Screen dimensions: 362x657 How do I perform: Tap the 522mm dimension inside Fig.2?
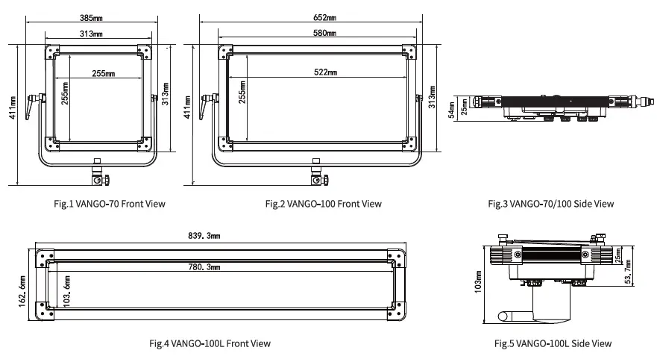[x=325, y=72]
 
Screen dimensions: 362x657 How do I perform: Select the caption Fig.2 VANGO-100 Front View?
[x=323, y=204]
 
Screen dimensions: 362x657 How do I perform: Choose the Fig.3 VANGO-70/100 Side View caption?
[x=550, y=204]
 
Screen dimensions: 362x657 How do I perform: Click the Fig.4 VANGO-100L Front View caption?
[x=210, y=343]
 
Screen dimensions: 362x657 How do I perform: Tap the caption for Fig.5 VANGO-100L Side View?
[x=553, y=343]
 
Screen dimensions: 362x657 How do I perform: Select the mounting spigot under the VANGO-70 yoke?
[x=97, y=173]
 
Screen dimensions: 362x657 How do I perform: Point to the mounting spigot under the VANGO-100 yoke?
[x=317, y=173]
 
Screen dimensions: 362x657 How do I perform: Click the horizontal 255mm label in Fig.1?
[x=104, y=73]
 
